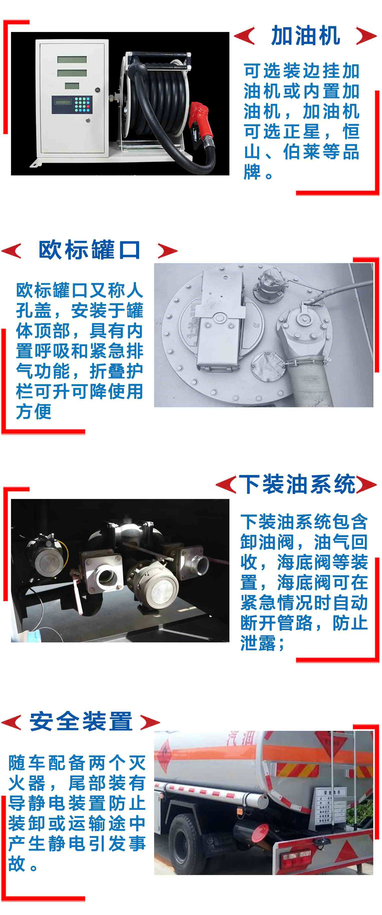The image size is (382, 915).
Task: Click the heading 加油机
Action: tap(305, 36)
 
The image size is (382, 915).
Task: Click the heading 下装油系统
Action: tap(297, 484)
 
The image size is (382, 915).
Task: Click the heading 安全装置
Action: tap(81, 721)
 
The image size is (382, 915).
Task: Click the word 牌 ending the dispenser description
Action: tap(252, 172)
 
